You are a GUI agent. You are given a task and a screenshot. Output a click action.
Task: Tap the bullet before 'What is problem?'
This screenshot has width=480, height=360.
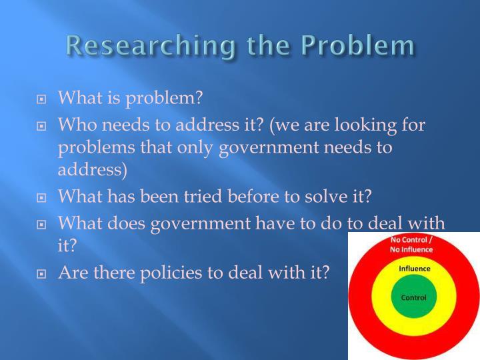(x=42, y=100)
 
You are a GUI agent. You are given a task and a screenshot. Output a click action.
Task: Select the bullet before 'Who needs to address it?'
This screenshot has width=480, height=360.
(x=42, y=125)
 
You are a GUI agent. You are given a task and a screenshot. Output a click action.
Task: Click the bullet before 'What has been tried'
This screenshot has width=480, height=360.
(x=42, y=198)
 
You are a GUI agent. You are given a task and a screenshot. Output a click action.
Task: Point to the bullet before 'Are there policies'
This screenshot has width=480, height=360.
(x=42, y=273)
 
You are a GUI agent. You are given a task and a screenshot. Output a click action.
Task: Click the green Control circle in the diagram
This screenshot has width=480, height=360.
(x=413, y=297)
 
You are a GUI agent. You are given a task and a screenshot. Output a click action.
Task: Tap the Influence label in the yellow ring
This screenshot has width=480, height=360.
(x=414, y=269)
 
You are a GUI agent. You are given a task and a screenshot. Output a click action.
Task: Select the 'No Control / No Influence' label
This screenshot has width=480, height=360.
(x=411, y=245)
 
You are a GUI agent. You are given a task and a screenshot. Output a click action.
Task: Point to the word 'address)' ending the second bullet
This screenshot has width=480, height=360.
(x=93, y=169)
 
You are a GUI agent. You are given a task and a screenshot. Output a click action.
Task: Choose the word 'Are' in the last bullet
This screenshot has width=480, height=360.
(x=73, y=272)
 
